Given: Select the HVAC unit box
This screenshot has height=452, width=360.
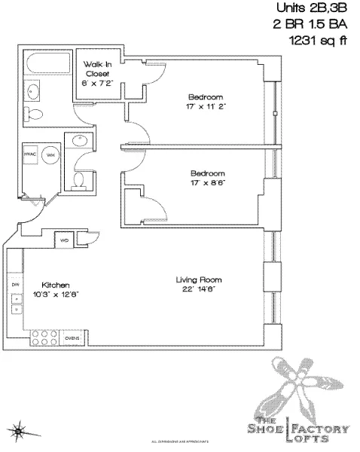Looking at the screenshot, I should (32, 154).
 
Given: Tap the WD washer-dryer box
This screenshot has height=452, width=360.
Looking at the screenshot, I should (64, 240).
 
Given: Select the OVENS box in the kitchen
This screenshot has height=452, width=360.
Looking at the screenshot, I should (73, 337).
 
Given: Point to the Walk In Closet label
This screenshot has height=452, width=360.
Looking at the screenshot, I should (96, 70).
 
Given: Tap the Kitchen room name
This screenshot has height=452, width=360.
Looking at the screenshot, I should (56, 286).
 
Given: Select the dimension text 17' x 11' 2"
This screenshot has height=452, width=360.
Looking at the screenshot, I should (205, 107).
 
